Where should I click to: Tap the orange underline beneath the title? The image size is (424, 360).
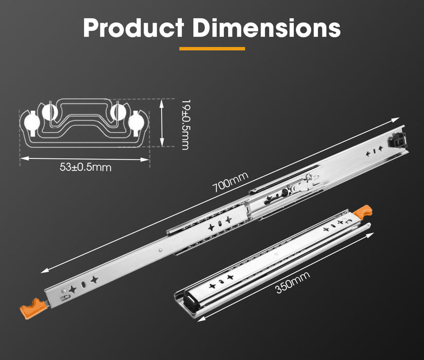click(x=211, y=49)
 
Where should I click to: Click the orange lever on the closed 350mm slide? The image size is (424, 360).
click(x=364, y=211)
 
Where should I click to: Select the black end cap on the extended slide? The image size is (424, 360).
click(x=398, y=139)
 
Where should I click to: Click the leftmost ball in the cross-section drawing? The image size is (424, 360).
click(x=31, y=122)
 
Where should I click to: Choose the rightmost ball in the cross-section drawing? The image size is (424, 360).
click(x=137, y=122)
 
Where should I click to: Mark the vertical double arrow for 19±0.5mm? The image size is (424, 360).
click(x=163, y=124)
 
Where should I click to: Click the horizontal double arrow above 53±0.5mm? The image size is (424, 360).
click(x=85, y=158)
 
